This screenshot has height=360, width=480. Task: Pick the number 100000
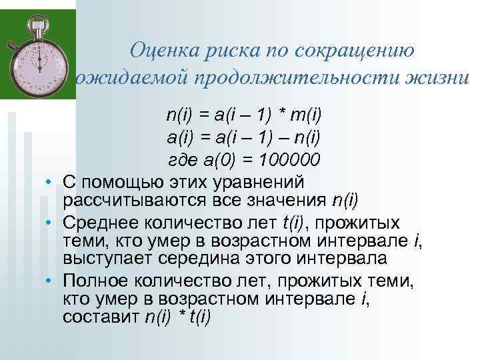click(x=289, y=161)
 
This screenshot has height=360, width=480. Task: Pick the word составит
click(x=101, y=318)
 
